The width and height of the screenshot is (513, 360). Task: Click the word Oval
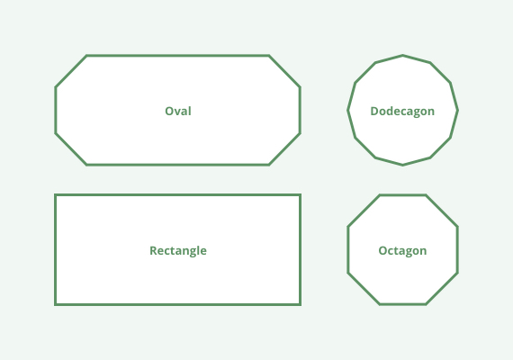(x=178, y=111)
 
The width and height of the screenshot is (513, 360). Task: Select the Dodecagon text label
(x=402, y=112)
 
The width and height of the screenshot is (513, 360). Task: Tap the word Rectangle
(x=178, y=251)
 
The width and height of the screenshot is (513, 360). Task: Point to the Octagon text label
(x=402, y=251)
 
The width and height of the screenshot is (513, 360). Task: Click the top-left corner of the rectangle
(x=56, y=195)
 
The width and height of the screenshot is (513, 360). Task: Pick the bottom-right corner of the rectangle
(x=300, y=305)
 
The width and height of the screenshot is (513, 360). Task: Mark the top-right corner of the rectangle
(x=300, y=195)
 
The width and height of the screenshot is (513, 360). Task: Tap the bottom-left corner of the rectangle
(x=56, y=305)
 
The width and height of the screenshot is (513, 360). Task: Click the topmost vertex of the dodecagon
(x=402, y=56)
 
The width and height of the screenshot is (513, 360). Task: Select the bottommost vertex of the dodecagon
(x=402, y=165)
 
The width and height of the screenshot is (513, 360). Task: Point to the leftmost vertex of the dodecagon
(x=347, y=111)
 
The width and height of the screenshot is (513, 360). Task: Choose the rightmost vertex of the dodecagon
(x=457, y=111)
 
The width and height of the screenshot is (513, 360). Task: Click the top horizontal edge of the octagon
(x=402, y=195)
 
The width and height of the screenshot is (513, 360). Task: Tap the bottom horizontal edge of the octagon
(x=402, y=304)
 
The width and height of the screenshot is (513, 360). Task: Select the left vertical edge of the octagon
(x=348, y=249)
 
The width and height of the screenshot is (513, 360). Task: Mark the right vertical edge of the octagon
(x=457, y=249)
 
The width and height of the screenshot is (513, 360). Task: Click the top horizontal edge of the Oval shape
(x=178, y=56)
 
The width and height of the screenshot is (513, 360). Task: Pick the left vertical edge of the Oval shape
(x=56, y=111)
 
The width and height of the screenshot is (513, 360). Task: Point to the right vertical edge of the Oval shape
(x=300, y=111)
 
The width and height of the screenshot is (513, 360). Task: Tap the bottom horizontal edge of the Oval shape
(x=178, y=165)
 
